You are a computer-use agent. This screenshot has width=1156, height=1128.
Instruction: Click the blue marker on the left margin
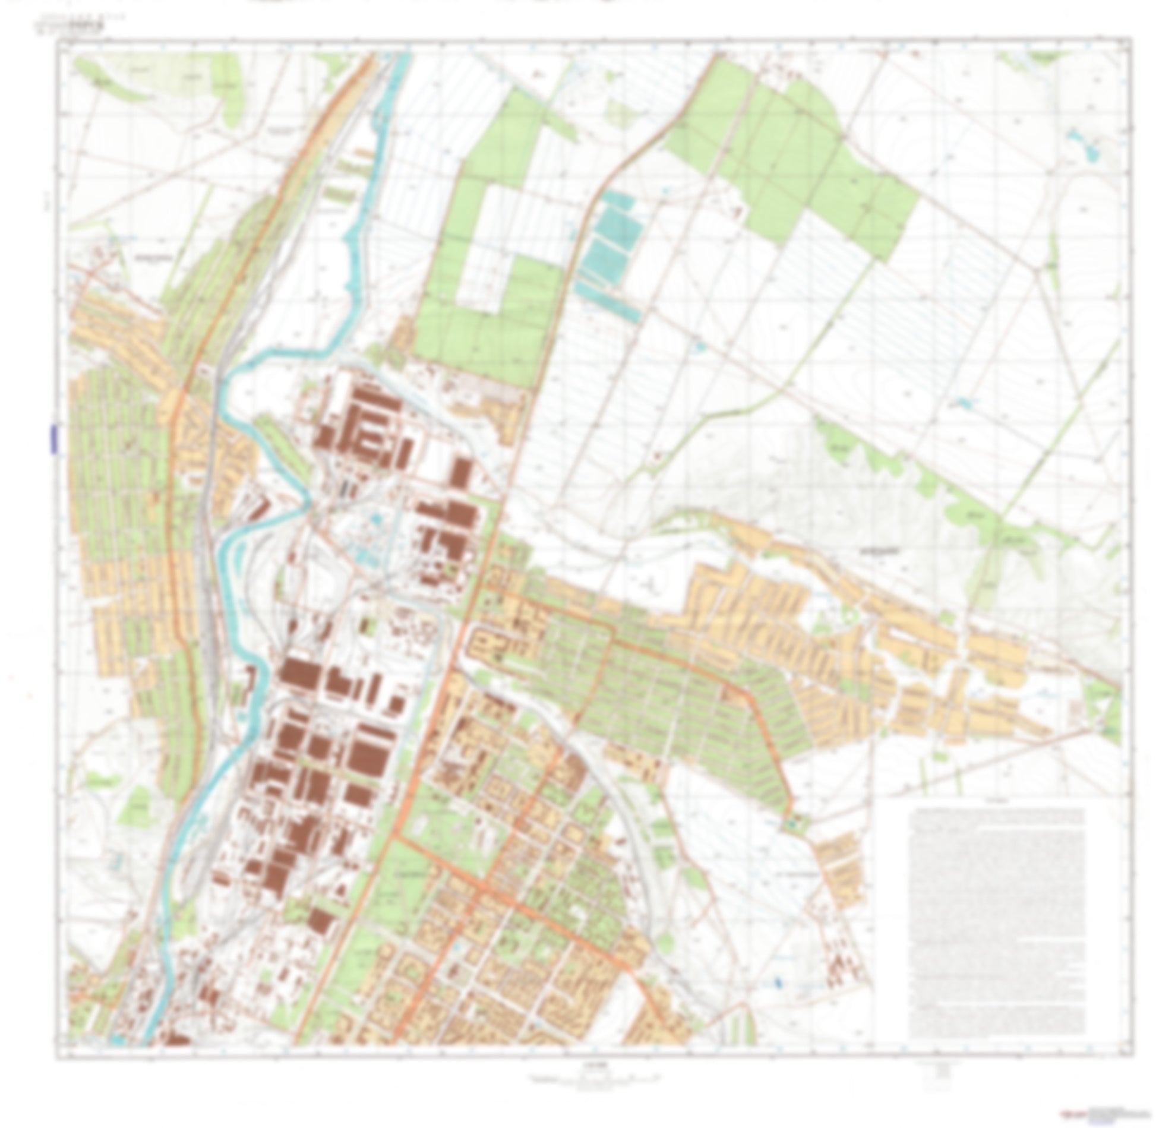click(53, 439)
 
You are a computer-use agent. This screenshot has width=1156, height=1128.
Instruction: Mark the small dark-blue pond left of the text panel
click(778, 981)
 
